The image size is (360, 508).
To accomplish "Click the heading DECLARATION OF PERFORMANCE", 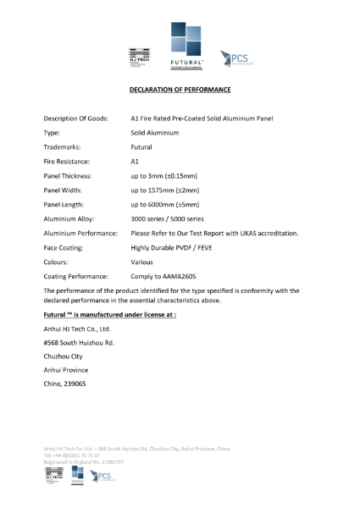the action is [x=180, y=89].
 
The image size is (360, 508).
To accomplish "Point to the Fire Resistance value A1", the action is [x=135, y=161].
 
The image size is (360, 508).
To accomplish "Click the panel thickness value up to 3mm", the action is [x=165, y=175].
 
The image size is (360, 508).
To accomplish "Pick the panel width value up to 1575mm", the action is [x=165, y=190].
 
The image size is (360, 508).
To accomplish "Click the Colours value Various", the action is [x=142, y=262].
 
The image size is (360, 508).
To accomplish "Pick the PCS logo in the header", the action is [x=236, y=58].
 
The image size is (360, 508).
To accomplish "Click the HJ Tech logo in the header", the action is [x=138, y=57].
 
